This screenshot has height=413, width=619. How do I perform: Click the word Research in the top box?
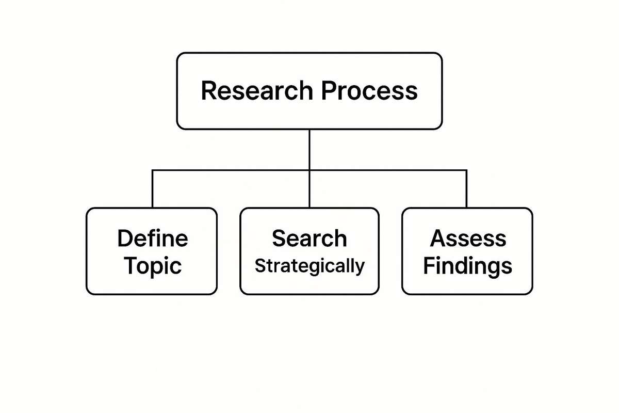256,91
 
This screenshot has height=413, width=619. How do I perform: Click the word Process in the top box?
369,91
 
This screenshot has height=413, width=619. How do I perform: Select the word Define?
152,239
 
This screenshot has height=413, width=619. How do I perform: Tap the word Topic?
153,266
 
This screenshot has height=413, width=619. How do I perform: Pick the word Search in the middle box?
309,239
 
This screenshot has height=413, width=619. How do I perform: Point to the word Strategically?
309,266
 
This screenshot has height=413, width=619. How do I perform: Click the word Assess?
468,239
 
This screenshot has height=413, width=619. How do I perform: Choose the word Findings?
467,266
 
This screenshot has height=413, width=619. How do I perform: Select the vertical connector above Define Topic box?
153,189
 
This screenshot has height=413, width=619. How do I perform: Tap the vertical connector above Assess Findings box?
466,189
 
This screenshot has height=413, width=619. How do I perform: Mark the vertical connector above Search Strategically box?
309,189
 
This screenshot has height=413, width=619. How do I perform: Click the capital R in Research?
208,91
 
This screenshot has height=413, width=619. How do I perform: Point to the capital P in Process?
328,91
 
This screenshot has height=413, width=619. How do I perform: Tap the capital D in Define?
125,239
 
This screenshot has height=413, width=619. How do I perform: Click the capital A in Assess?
438,239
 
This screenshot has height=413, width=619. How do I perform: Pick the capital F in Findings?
429,266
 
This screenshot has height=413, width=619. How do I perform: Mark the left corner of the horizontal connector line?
153,170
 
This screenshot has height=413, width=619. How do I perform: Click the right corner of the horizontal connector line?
466,170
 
